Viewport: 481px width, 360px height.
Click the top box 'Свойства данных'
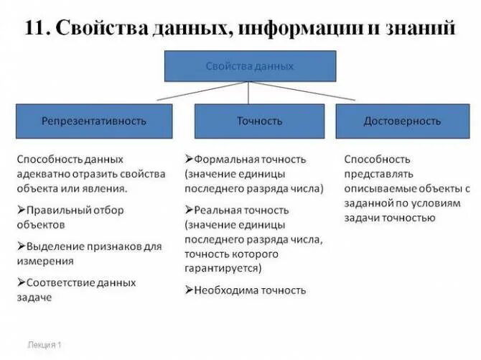click(249, 65)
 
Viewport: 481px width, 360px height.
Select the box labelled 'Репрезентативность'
click(94, 121)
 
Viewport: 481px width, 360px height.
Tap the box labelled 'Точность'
click(259, 121)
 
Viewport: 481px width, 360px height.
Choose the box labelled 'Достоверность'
click(402, 121)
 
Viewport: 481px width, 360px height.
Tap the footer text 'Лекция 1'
click(45, 345)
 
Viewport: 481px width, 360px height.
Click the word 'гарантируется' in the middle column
click(222, 268)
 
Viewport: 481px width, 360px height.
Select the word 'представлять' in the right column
click(377, 174)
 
